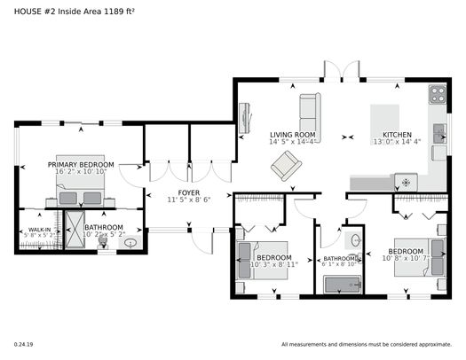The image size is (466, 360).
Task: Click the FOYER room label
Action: tap(188, 192)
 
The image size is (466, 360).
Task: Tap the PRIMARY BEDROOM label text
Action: tap(82, 165)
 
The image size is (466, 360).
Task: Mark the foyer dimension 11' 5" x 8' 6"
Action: tap(188, 200)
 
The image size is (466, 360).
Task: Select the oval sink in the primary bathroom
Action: tap(131, 242)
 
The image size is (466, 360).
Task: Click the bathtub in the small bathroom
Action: tap(342, 285)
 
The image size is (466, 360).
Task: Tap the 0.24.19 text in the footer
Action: tap(23, 344)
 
